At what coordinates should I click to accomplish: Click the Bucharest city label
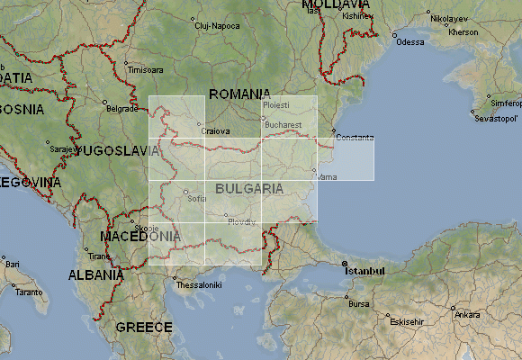click(x=282, y=123)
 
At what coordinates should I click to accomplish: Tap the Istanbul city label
click(x=367, y=270)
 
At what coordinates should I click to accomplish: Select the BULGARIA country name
click(x=249, y=189)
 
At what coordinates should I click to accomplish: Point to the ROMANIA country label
click(x=239, y=94)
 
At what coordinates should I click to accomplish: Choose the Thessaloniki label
click(x=197, y=285)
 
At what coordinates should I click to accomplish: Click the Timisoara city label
click(x=146, y=69)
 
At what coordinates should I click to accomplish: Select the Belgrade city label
click(x=122, y=109)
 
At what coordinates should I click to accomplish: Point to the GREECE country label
click(x=144, y=327)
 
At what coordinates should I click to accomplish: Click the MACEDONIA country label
click(x=139, y=236)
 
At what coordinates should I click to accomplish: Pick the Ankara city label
click(x=467, y=315)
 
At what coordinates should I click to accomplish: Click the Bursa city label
click(x=359, y=304)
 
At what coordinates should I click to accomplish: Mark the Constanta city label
click(x=354, y=136)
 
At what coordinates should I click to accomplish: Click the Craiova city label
click(x=214, y=130)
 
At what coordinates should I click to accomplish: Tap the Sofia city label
click(x=197, y=198)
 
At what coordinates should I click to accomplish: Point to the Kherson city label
click(x=463, y=32)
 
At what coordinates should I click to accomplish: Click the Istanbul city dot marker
click(x=345, y=264)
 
